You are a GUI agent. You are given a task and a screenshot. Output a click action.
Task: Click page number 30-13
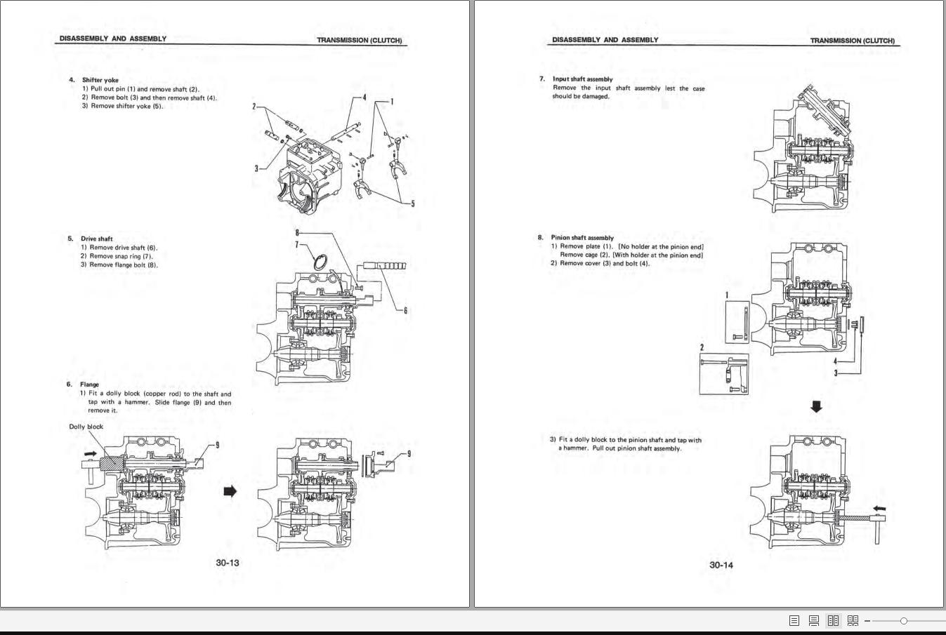(228, 563)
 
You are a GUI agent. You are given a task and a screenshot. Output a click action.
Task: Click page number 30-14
(721, 565)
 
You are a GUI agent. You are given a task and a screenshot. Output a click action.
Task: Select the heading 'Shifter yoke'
(100, 80)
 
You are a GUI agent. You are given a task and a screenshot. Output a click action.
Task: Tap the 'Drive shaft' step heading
(96, 239)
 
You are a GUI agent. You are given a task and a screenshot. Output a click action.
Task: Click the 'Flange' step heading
(89, 385)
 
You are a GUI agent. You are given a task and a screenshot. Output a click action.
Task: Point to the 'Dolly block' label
(86, 427)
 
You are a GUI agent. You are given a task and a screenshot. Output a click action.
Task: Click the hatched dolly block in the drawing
(111, 463)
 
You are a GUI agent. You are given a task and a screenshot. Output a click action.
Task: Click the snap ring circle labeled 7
(320, 262)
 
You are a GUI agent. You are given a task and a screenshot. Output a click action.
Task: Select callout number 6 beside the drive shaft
(405, 310)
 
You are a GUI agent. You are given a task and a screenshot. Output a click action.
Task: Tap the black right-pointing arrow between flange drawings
(230, 491)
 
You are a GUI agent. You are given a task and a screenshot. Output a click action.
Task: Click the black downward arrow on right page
(815, 406)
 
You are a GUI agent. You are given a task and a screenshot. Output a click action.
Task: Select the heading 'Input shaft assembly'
(582, 79)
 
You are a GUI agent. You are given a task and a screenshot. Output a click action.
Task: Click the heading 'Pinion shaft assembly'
(582, 238)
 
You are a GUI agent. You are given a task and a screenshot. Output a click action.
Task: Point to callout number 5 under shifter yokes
(412, 203)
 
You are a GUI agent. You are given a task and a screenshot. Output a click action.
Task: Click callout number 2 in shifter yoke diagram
(254, 107)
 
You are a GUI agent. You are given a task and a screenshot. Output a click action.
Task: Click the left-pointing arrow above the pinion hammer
(878, 509)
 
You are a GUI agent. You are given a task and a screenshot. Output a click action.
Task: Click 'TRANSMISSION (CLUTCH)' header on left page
(359, 40)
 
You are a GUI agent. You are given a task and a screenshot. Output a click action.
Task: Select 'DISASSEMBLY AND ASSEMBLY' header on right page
(605, 40)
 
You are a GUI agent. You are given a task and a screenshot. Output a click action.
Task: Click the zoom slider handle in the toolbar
(903, 621)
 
